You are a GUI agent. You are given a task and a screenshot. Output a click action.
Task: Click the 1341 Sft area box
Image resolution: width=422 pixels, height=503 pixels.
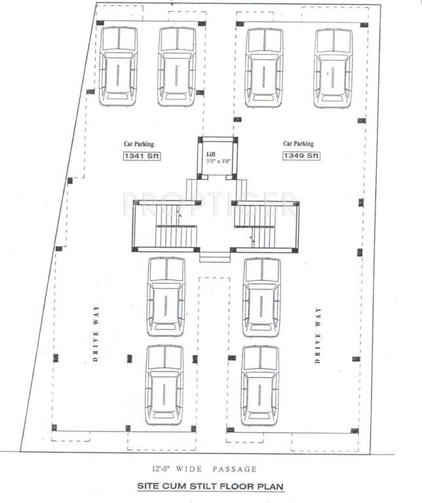click(141, 156)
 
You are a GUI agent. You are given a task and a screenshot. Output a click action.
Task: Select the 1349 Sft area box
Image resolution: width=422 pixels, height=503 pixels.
click(301, 156)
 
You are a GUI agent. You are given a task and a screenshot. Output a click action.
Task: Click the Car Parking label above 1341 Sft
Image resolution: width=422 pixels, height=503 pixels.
click(139, 144)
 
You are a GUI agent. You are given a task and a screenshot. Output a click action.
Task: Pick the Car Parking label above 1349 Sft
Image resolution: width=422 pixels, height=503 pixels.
click(298, 144)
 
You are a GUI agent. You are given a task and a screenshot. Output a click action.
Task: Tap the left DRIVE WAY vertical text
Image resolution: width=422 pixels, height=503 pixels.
click(95, 335)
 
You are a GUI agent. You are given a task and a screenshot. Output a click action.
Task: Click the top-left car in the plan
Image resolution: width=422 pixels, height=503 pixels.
click(119, 66)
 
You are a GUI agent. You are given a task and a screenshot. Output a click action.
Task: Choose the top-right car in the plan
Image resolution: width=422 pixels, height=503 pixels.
click(334, 67)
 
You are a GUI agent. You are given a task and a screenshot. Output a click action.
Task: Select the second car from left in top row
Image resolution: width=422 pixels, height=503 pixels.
click(177, 66)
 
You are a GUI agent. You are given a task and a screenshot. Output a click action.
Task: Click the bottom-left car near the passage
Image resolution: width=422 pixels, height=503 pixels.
click(164, 385)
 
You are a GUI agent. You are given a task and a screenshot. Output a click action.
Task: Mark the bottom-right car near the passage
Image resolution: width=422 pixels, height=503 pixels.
click(260, 385)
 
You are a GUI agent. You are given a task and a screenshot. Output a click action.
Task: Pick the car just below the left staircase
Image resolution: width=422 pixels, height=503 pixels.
click(166, 297)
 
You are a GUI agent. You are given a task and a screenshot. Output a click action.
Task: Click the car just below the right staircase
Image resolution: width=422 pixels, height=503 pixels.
click(261, 297)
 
